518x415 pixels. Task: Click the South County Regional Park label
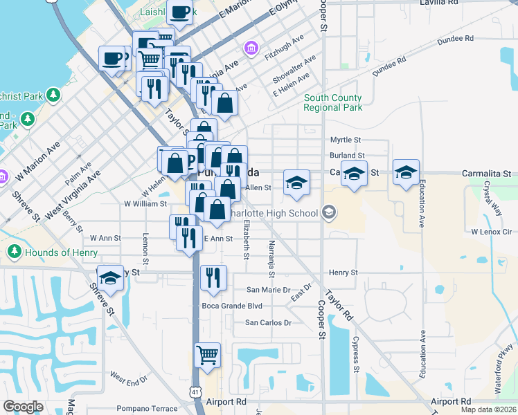333,103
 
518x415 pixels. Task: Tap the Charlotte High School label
279,213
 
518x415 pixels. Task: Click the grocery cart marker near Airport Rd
208,356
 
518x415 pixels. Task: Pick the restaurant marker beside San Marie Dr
213,277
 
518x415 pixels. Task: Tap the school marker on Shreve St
110,278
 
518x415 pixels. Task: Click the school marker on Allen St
296,183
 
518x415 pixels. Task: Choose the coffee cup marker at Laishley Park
180,12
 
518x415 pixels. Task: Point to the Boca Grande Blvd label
231,306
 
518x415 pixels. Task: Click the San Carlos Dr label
269,323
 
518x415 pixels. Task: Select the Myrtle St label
346,140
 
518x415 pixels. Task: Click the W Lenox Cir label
491,232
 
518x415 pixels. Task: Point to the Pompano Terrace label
147,409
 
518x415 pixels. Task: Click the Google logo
23,407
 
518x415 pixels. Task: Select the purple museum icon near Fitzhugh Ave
250,48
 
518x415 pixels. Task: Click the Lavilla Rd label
439,3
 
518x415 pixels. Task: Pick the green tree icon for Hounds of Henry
15,252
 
